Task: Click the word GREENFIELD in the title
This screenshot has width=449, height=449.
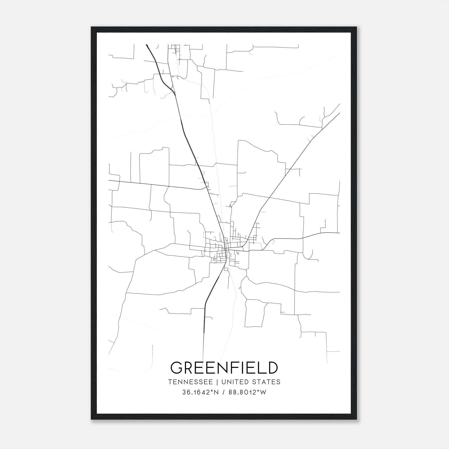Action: [224, 368]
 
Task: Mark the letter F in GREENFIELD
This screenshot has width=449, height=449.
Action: [237, 368]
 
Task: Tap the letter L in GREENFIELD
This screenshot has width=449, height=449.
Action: [262, 368]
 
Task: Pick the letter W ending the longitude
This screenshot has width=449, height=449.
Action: [263, 392]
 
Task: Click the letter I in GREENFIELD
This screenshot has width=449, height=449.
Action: [244, 368]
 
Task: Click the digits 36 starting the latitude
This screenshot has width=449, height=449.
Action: [185, 392]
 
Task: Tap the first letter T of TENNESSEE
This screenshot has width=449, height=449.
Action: [170, 382]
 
